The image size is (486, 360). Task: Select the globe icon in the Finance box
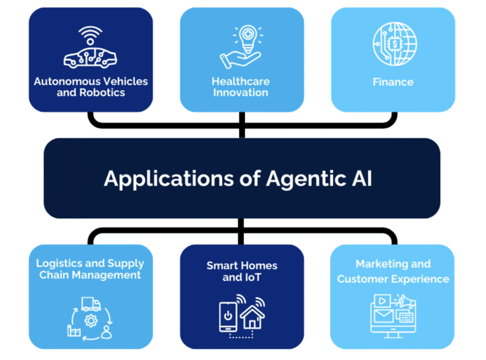(x=394, y=44)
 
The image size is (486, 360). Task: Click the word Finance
(x=393, y=82)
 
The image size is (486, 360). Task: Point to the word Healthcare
(x=241, y=81)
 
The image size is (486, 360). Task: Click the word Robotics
(x=102, y=92)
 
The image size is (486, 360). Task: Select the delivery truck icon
(x=91, y=304)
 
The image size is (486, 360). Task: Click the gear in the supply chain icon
(x=91, y=321)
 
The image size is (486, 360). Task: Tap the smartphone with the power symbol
(x=228, y=316)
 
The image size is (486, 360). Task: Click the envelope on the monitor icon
(x=383, y=316)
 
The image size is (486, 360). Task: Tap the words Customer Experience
(x=393, y=279)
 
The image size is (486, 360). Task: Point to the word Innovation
(x=241, y=92)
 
